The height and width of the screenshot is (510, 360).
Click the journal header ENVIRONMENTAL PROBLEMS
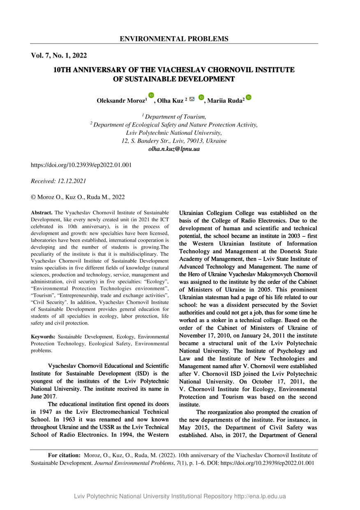[174, 39]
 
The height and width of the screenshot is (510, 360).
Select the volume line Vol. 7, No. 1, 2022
[59, 56]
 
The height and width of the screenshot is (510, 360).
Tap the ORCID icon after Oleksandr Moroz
[151, 95]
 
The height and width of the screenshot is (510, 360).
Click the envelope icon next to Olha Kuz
[192, 99]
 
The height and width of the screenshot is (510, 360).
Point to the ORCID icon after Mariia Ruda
[249, 97]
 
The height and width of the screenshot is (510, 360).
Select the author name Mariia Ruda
[226, 101]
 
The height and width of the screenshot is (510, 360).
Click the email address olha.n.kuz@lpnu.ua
[174, 149]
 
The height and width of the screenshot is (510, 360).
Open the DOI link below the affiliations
[81, 165]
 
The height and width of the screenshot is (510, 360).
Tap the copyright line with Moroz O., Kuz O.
[78, 197]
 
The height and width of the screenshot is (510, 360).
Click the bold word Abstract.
[42, 213]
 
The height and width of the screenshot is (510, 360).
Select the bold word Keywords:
[44, 337]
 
